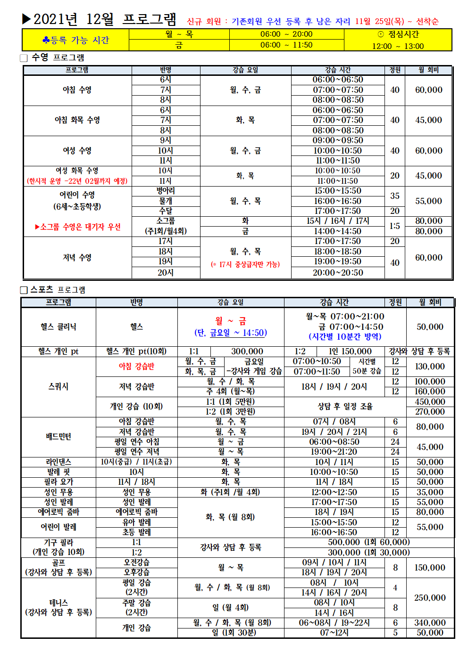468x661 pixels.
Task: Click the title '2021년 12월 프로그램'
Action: click(105, 19)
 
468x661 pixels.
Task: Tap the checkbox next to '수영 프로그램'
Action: click(24, 58)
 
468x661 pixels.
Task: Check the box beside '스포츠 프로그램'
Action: click(24, 290)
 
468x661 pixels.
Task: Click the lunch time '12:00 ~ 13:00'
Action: click(398, 46)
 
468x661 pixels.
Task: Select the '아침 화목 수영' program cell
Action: click(77, 120)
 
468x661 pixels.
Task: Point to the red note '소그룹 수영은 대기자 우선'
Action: click(78, 227)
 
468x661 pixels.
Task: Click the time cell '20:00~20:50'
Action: click(338, 273)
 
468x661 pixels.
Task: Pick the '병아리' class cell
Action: click(166, 191)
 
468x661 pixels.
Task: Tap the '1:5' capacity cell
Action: click(395, 226)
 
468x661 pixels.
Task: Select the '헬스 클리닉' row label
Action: click(58, 327)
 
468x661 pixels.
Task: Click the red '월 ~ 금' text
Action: click(231, 321)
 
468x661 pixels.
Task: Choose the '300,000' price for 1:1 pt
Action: click(247, 351)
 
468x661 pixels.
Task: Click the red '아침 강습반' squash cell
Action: click(136, 367)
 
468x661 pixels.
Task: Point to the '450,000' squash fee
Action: click(430, 402)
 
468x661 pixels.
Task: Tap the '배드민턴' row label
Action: click(58, 437)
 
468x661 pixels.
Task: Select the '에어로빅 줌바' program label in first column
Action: click(58, 512)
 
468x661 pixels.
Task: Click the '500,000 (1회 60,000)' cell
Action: click(369, 542)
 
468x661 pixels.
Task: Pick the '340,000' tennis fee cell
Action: click(430, 623)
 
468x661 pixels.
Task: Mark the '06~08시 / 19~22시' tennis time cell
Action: click(334, 623)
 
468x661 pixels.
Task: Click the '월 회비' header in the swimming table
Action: click(428, 70)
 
